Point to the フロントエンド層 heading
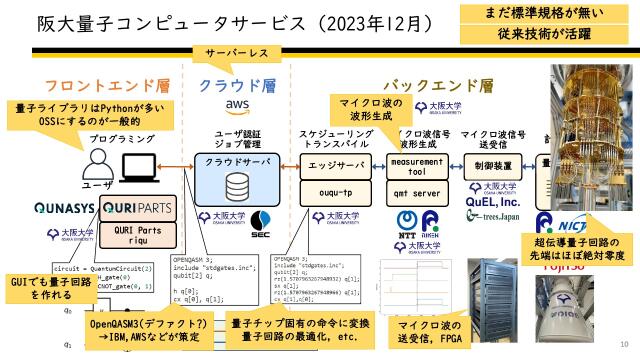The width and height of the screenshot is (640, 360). click(95, 86)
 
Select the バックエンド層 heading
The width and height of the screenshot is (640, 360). click(438, 86)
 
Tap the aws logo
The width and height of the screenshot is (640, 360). click(237, 107)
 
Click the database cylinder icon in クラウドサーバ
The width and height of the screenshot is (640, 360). click(238, 187)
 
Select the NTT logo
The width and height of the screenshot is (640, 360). click(406, 222)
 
